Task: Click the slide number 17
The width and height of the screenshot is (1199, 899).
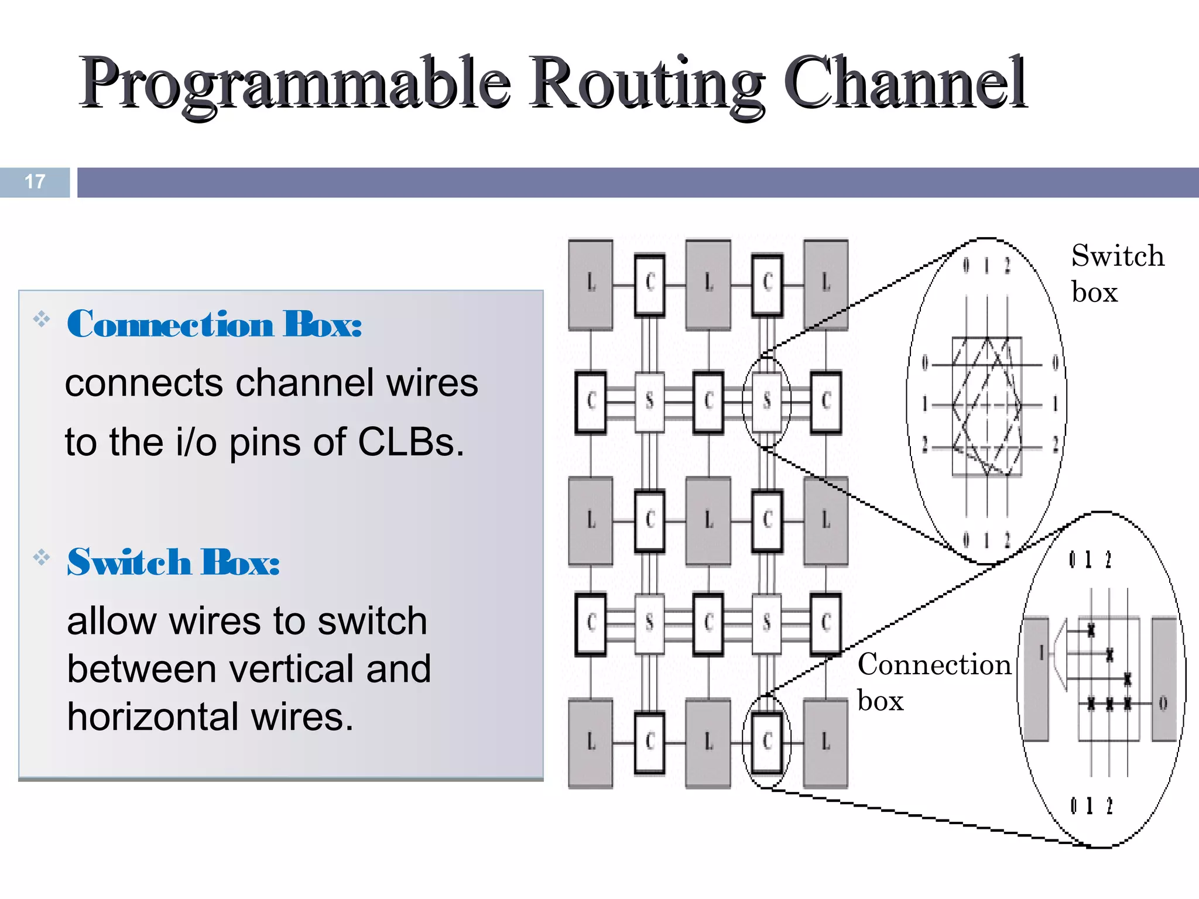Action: coord(35,181)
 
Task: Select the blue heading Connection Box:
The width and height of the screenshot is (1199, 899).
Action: coord(214,324)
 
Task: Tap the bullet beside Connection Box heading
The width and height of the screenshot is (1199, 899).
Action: coord(42,319)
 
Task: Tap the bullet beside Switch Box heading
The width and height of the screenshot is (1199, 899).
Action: coord(42,557)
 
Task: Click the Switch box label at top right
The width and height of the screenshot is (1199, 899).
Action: coord(1117,273)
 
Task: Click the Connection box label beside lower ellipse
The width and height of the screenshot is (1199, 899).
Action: coord(934,682)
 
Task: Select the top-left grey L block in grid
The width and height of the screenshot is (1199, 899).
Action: coord(591,284)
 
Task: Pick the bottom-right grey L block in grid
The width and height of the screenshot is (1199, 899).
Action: coord(826,742)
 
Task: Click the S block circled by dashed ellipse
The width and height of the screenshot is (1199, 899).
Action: coord(766,402)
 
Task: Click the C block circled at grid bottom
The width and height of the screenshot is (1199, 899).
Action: coord(767,742)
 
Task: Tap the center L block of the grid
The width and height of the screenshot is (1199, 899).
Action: coord(708,520)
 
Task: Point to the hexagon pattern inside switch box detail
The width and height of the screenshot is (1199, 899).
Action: coord(987,405)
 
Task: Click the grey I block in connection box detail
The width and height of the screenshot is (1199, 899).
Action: coord(1037,679)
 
